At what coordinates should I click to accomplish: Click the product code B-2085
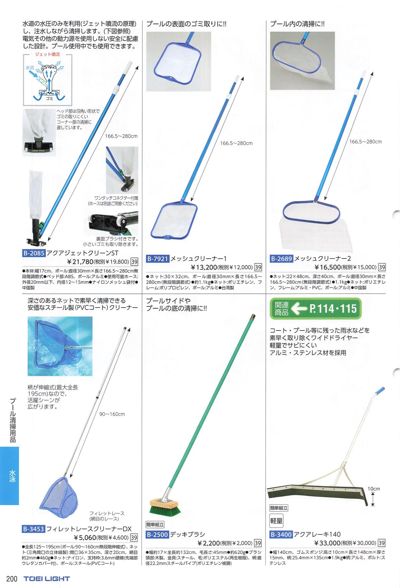coord(34,253)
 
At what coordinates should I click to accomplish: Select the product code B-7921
coord(158,259)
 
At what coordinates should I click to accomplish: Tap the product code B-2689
coord(282,259)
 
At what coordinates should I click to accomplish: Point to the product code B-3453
coord(34,529)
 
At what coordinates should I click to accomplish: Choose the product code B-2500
coord(158,535)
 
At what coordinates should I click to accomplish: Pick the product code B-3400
coord(281,534)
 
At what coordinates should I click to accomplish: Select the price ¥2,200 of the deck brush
coord(209,543)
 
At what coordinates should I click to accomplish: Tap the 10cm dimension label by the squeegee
coord(374,489)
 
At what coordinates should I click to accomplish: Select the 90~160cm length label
coord(112,414)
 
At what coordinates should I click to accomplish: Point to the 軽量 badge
coord(276,521)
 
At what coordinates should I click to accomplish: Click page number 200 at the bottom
coord(12,579)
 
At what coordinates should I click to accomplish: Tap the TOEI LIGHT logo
coord(47,579)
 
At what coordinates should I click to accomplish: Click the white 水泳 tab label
coord(12,476)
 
